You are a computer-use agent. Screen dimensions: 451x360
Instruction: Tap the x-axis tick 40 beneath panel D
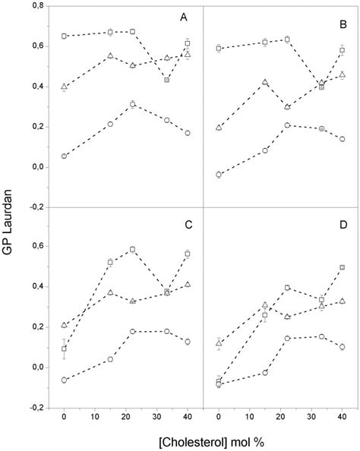[342, 417]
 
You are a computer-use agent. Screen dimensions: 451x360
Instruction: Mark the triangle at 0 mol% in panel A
[65, 87]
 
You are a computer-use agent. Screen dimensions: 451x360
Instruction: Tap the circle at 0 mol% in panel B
[219, 175]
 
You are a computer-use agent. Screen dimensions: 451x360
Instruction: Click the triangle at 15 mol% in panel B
[265, 82]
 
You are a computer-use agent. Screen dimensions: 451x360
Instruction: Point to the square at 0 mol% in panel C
[65, 349]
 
